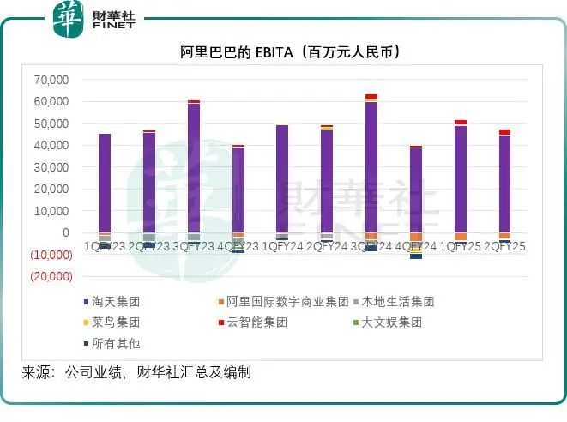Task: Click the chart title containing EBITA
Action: coord(283,52)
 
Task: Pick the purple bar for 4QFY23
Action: coord(238,190)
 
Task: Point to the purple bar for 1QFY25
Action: coord(461,179)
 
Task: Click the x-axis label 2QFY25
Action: coord(505,247)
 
